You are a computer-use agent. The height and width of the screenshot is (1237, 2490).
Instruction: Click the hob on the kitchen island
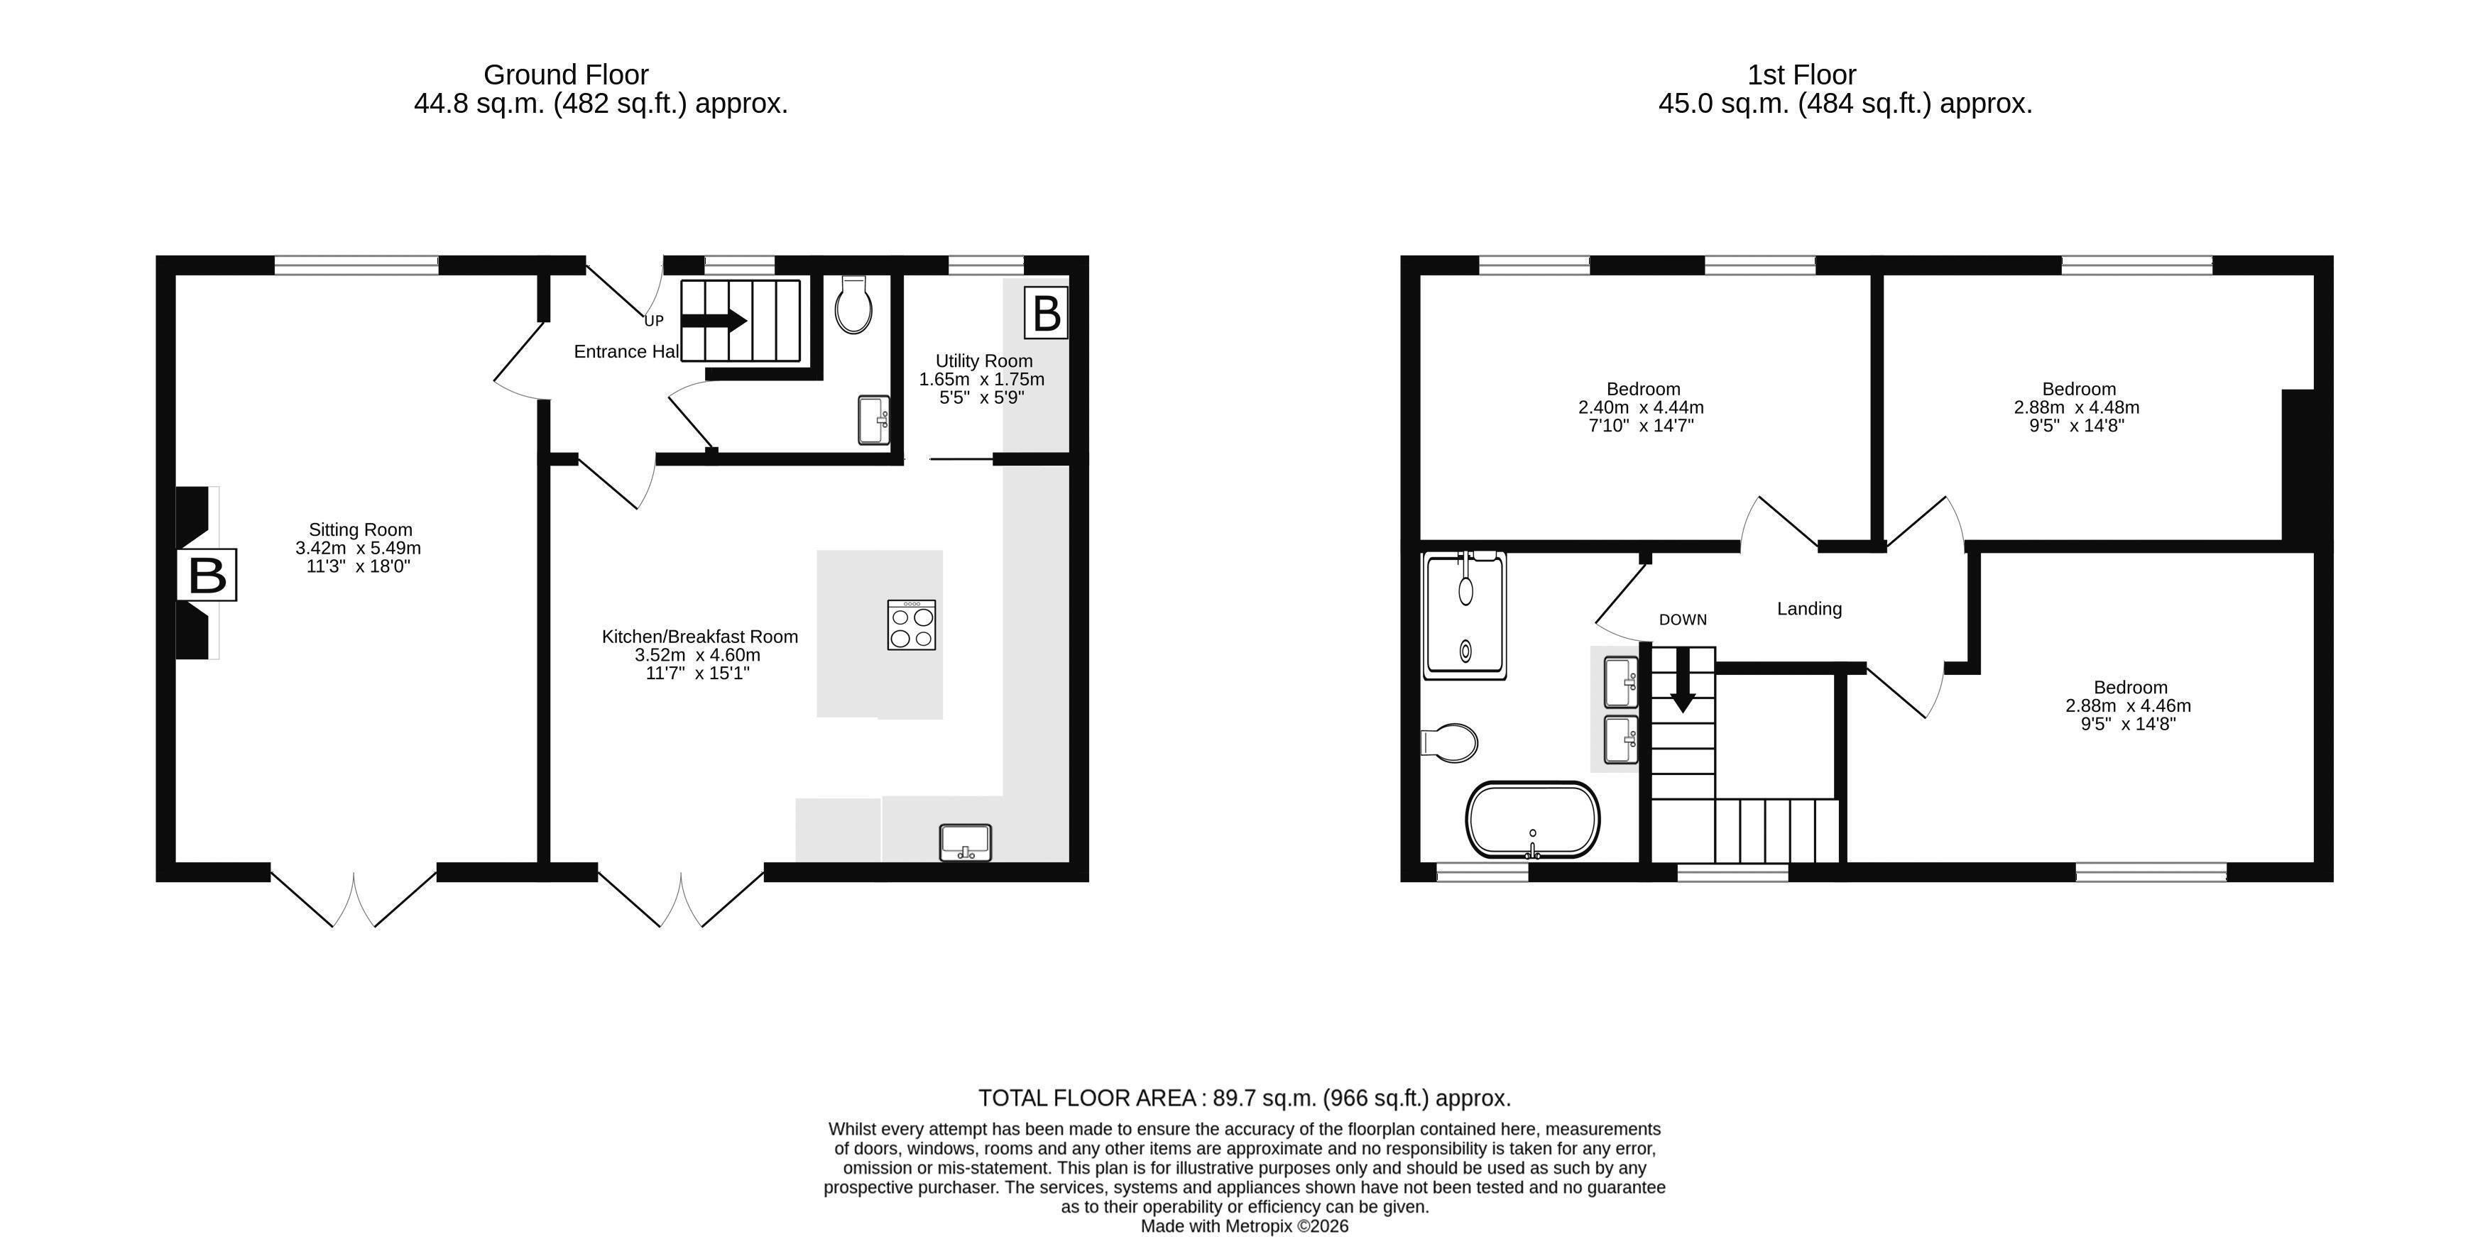click(x=910, y=625)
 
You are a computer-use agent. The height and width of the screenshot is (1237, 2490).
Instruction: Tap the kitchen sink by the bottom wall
click(x=965, y=842)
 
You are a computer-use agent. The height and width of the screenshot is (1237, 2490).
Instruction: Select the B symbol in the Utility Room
click(x=1046, y=312)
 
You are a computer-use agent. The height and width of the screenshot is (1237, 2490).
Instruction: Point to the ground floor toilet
click(x=853, y=304)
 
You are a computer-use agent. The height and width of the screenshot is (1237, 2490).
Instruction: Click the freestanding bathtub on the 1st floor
click(x=1533, y=820)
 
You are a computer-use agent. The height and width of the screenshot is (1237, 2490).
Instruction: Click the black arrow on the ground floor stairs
click(x=714, y=320)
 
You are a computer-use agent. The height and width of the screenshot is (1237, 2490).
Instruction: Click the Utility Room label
click(x=984, y=361)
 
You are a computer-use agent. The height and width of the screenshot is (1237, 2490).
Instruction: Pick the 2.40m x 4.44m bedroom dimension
click(x=1642, y=408)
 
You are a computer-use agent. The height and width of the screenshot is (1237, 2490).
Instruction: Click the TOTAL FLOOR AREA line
click(x=1245, y=1098)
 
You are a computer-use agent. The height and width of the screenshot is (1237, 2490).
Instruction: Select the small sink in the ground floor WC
click(x=875, y=419)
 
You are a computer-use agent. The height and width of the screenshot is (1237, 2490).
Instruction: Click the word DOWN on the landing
click(x=1683, y=620)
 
